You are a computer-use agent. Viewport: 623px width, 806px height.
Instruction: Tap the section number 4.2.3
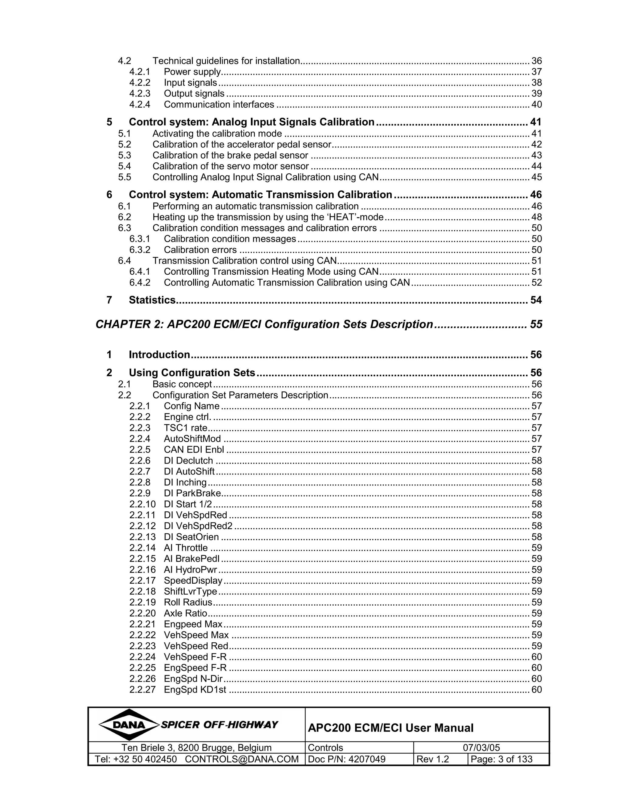pos(140,94)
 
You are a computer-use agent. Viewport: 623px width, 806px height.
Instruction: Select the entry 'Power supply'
pos(192,72)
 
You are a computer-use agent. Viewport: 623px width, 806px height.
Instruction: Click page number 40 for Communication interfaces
pos(536,105)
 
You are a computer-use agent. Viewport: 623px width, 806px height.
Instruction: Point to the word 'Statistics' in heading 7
pos(152,300)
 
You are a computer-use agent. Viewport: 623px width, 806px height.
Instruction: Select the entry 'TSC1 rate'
pos(185,428)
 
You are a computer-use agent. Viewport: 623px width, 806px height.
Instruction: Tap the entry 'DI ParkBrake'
pos(192,493)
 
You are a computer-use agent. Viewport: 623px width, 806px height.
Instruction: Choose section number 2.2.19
pos(142,602)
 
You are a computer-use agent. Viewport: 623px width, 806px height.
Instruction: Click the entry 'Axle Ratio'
pos(185,613)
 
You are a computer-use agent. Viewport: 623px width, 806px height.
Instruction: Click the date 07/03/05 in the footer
pos(481,748)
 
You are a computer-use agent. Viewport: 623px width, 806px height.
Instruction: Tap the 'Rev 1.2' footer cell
pos(433,759)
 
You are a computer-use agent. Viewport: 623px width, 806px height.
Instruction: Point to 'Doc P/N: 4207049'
pos(346,759)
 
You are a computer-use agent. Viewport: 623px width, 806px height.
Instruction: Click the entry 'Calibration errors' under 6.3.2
pos(200,250)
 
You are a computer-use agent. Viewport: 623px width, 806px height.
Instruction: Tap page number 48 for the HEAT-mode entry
pos(536,217)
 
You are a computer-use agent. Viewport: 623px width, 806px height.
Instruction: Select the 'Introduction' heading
pos(159,355)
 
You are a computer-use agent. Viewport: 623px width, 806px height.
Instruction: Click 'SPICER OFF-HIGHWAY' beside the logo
pos(219,725)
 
